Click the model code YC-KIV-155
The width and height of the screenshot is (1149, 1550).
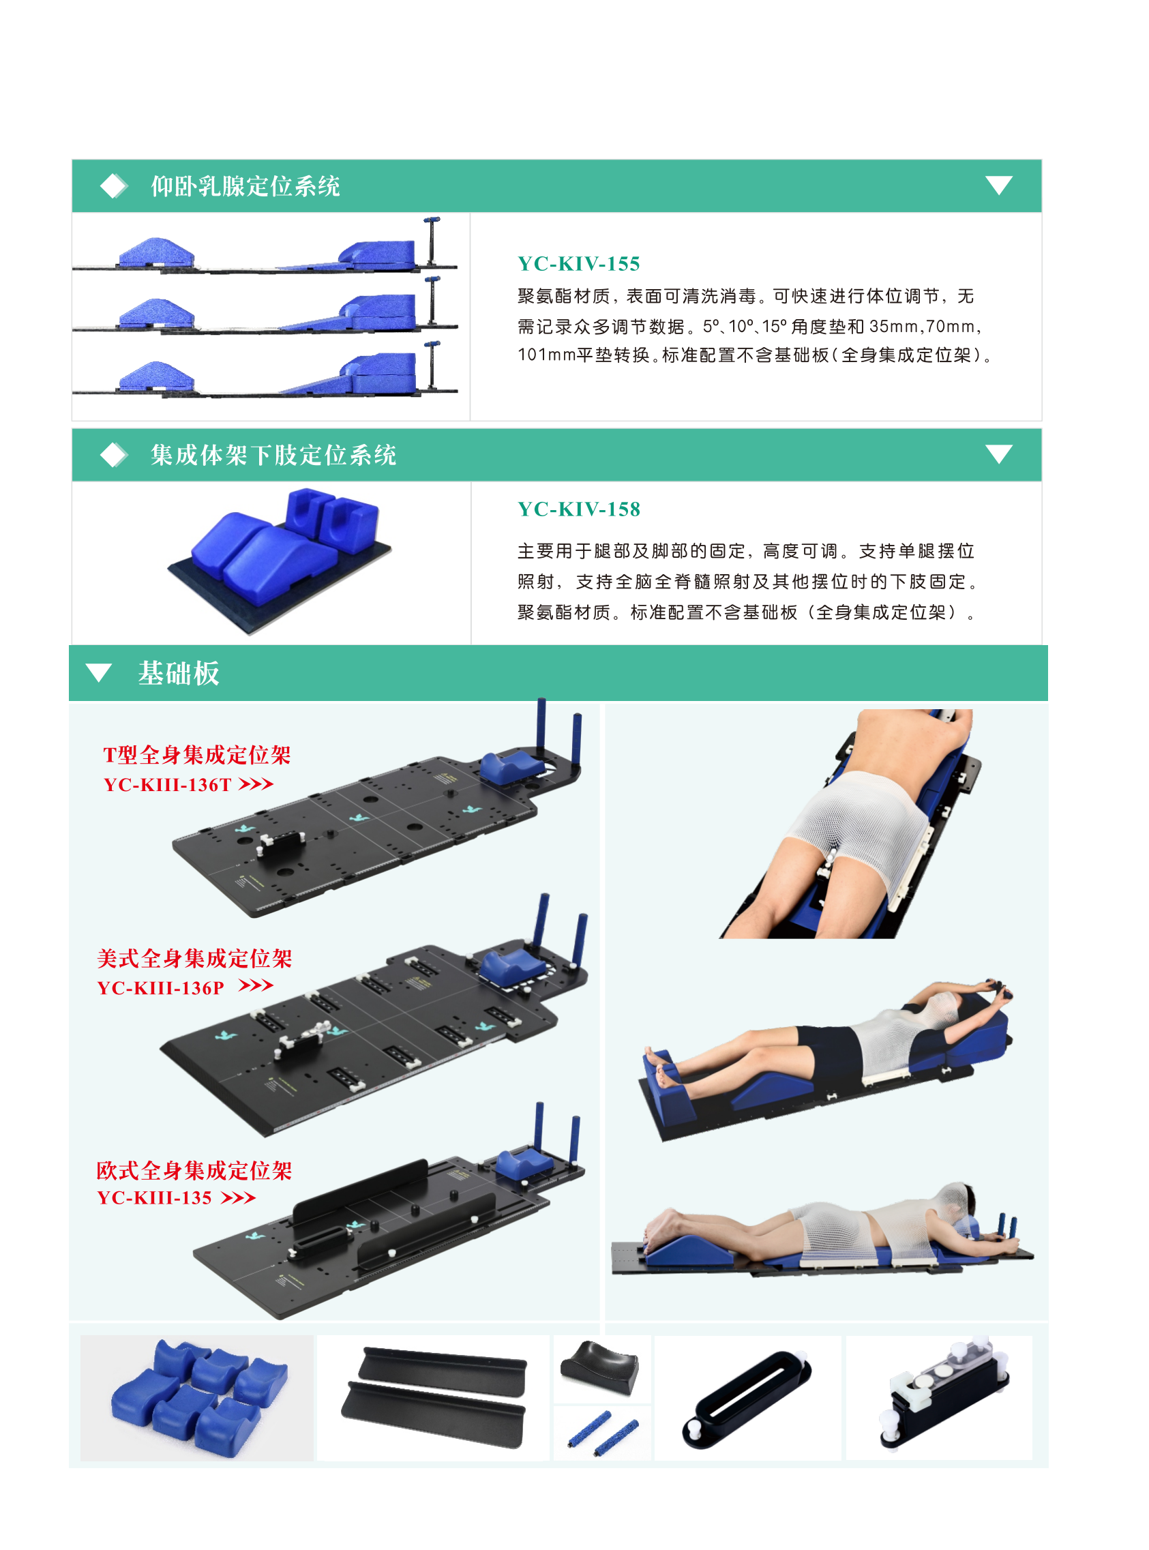point(578,263)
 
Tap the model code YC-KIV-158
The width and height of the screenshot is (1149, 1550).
point(579,509)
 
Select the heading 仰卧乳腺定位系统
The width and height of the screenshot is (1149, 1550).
point(245,185)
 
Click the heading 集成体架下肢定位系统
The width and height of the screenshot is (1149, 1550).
point(273,455)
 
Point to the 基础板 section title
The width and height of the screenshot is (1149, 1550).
point(179,673)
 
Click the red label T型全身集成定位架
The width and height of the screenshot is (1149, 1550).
point(197,754)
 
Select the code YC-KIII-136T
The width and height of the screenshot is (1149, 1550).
point(167,784)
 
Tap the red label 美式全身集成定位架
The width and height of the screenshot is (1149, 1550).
point(195,958)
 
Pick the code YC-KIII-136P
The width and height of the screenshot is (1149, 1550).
point(161,987)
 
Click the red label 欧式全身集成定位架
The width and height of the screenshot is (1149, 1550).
point(194,1170)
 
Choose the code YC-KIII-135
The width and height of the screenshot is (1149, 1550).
point(154,1197)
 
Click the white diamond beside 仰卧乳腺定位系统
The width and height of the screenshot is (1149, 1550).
point(113,185)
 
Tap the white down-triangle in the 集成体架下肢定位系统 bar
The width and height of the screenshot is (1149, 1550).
point(999,453)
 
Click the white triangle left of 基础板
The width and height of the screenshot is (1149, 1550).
point(99,672)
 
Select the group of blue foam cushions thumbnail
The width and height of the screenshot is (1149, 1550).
point(198,1398)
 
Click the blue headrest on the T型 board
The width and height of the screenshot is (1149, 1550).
point(512,767)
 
